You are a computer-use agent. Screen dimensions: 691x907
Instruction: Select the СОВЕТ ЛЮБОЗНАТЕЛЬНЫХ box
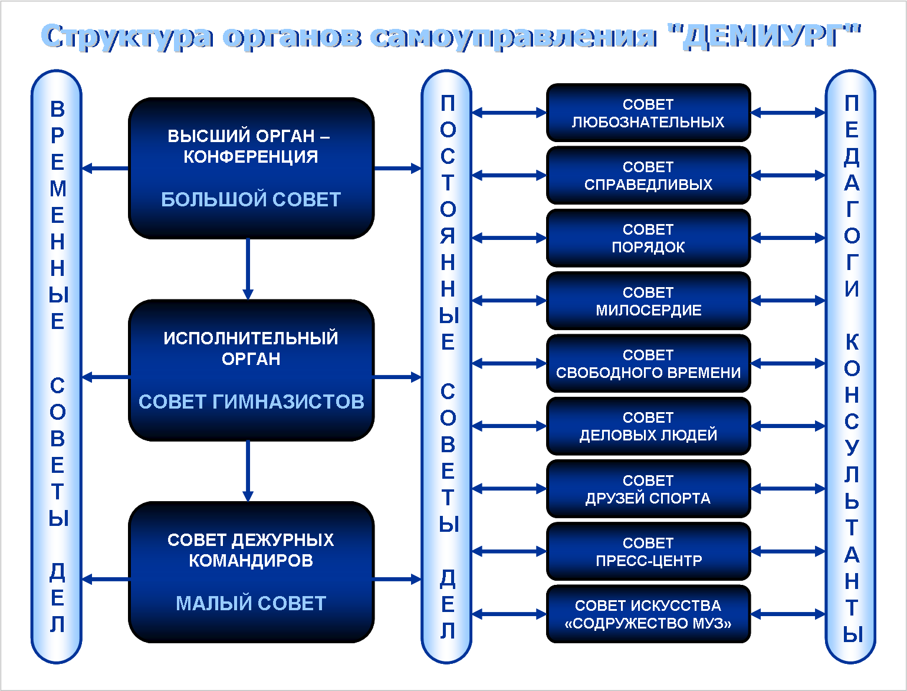(648, 113)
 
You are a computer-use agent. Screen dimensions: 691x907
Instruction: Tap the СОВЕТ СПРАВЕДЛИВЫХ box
(648, 176)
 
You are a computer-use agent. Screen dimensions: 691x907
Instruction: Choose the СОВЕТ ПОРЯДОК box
(648, 238)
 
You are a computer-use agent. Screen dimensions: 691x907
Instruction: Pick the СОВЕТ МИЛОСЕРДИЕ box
(648, 301)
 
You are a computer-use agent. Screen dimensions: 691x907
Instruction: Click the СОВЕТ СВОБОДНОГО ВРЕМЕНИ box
(648, 364)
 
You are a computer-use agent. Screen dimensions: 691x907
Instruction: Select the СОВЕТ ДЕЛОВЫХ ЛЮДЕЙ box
(648, 426)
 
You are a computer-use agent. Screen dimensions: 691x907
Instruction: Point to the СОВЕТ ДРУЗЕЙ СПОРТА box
(648, 489)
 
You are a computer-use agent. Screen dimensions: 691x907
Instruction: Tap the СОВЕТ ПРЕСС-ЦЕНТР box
(648, 552)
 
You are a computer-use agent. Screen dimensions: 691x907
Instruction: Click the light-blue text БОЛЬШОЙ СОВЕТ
(251, 199)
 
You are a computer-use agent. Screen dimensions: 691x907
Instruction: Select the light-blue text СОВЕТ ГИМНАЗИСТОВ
(251, 402)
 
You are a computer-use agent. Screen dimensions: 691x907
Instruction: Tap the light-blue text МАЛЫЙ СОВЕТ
(251, 603)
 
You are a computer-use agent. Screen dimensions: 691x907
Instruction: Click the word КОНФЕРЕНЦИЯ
(251, 157)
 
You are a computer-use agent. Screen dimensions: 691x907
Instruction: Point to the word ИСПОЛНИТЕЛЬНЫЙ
(251, 338)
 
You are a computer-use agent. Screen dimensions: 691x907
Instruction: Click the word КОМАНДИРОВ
(251, 560)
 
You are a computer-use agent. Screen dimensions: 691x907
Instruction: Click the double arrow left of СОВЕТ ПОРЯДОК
(509, 238)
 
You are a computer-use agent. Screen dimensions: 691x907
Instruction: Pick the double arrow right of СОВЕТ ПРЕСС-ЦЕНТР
(788, 552)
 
